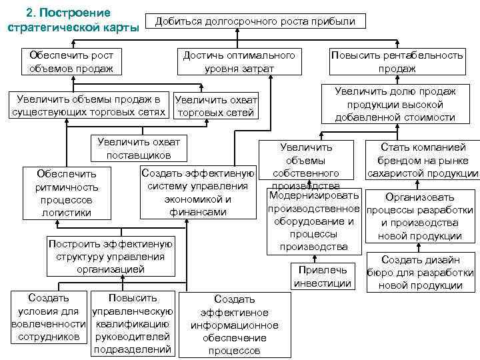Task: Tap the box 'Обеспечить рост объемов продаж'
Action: pyautogui.click(x=71, y=61)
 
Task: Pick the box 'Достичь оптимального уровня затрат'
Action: pyautogui.click(x=239, y=61)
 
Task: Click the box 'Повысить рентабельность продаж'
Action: pyautogui.click(x=397, y=61)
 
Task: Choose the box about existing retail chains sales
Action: pyautogui.click(x=89, y=106)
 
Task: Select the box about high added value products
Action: pyautogui.click(x=396, y=104)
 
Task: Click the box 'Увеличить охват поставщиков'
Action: pyautogui.click(x=139, y=149)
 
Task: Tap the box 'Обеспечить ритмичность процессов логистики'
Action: pyautogui.click(x=67, y=193)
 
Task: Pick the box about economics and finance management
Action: pyautogui.click(x=198, y=193)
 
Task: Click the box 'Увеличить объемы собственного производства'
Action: pyautogui.click(x=307, y=163)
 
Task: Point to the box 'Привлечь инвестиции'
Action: pyautogui.click(x=323, y=277)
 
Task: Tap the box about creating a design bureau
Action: pyautogui.click(x=421, y=273)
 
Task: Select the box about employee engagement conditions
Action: pyautogui.click(x=49, y=317)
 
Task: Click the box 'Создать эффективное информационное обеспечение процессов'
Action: pyautogui.click(x=235, y=325)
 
